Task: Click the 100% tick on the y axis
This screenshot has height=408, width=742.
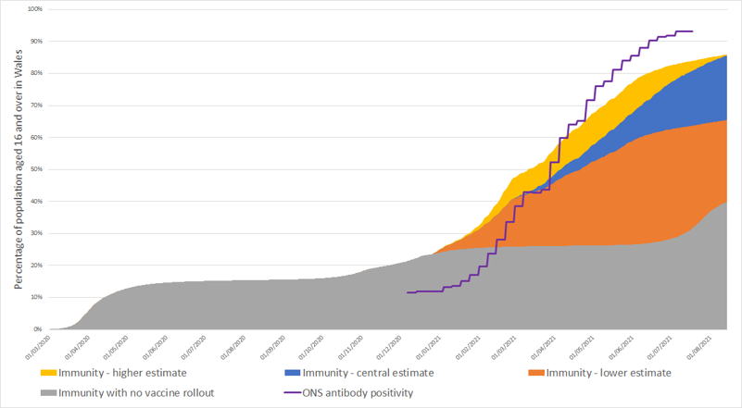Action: click(x=34, y=9)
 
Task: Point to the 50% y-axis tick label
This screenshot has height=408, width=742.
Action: click(x=36, y=169)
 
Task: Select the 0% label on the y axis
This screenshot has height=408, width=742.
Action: click(x=38, y=329)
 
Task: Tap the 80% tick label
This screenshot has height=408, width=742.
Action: click(x=36, y=73)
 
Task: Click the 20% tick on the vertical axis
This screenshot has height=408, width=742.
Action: click(x=36, y=266)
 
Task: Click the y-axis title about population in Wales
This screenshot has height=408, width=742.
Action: click(x=18, y=167)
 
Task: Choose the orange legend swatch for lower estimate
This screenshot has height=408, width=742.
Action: click(x=536, y=374)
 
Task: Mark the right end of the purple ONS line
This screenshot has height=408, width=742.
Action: click(x=693, y=31)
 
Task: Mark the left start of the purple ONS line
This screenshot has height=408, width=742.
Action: click(x=407, y=292)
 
